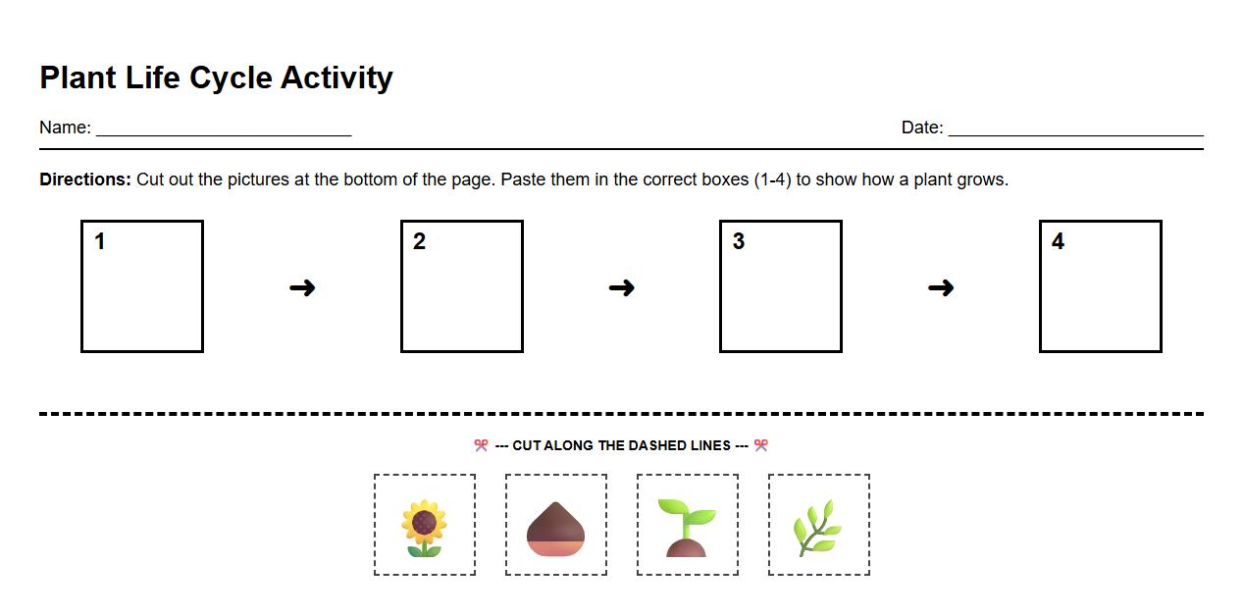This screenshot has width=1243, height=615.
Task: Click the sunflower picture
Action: (x=424, y=528)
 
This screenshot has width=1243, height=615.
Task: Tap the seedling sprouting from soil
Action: (x=687, y=528)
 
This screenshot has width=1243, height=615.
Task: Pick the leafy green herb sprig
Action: (x=817, y=528)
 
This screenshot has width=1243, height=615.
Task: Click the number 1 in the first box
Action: (x=100, y=241)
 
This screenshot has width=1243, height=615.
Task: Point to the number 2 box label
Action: (x=419, y=241)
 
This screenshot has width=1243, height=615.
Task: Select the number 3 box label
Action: (x=739, y=241)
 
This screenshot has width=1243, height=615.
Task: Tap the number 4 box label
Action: (x=1058, y=241)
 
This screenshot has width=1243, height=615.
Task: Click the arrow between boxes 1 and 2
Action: (x=302, y=287)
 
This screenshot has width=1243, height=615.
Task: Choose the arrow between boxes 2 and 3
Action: (x=621, y=287)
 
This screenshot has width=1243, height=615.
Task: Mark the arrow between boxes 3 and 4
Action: (x=941, y=287)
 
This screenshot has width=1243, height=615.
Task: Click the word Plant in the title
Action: (x=78, y=77)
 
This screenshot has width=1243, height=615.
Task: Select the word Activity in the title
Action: (x=337, y=77)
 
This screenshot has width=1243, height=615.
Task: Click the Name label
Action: (x=65, y=128)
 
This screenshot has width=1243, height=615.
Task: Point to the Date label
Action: (x=922, y=128)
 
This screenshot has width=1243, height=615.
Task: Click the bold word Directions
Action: (x=84, y=179)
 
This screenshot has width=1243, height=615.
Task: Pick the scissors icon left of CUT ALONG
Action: (x=481, y=445)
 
